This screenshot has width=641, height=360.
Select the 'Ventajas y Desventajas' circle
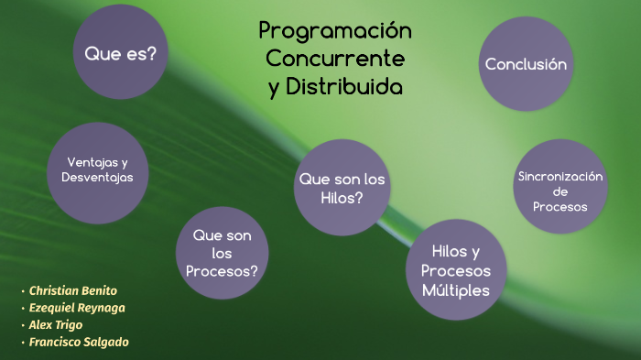coord(97,169)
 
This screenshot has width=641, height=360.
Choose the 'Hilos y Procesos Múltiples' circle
coord(456,270)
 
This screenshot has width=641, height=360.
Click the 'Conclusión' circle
coord(527,64)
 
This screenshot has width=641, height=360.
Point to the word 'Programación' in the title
coord(335,31)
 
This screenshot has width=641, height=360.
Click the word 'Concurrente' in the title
coord(335,59)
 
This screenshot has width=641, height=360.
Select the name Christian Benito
coord(73,290)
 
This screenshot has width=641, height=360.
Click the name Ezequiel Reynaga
coord(77,308)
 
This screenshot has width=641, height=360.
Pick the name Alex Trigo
coord(56,324)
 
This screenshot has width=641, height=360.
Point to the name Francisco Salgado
coord(79,342)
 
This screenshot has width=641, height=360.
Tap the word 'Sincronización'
coord(560,176)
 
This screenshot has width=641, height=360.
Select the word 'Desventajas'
coord(98,177)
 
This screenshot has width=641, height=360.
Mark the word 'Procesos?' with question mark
coord(222,271)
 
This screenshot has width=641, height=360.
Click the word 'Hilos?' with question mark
coord(342,197)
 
